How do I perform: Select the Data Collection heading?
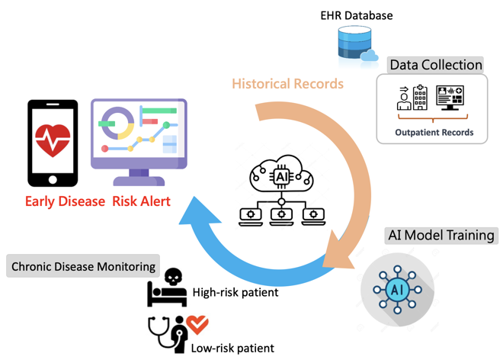(435, 65)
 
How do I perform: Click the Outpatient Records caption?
(434, 132)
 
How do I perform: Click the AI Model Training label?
(440, 235)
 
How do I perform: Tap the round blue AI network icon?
(397, 291)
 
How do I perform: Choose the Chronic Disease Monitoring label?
(85, 268)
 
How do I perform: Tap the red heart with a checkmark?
(198, 326)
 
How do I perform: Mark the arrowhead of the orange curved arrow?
(335, 254)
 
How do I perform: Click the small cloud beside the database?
(369, 54)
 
